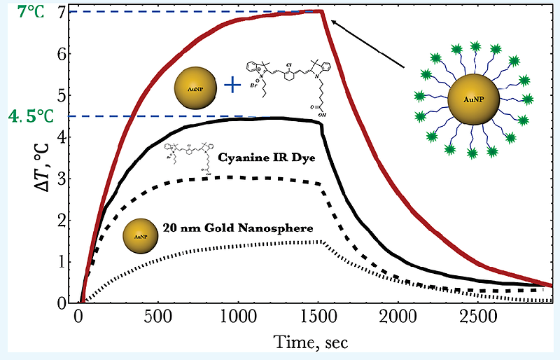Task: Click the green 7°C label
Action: click(x=29, y=12)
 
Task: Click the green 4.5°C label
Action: click(x=31, y=116)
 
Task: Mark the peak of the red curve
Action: click(x=321, y=11)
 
